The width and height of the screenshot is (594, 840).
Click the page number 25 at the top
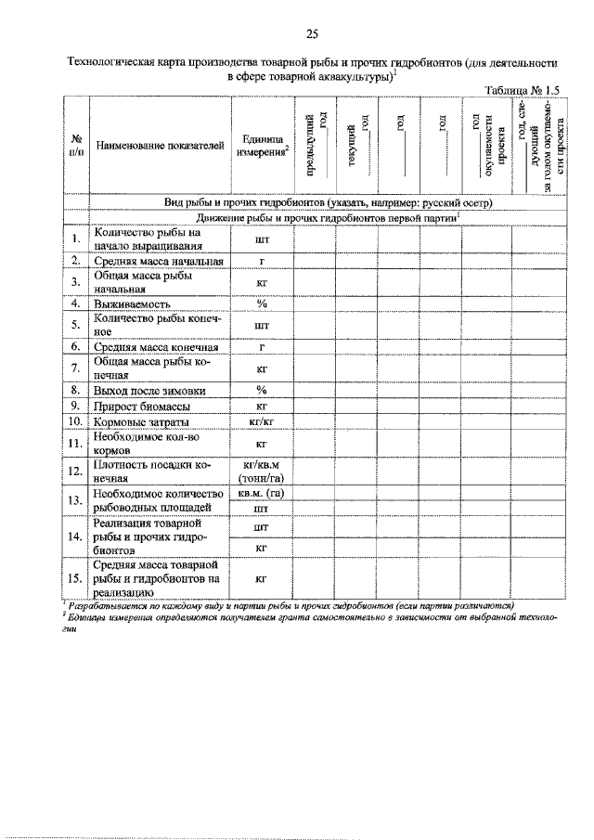pos(311,34)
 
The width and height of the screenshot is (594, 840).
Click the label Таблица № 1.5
pos(523,89)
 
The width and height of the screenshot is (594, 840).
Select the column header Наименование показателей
pos(160,145)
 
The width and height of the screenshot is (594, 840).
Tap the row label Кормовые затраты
pos(141,422)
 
